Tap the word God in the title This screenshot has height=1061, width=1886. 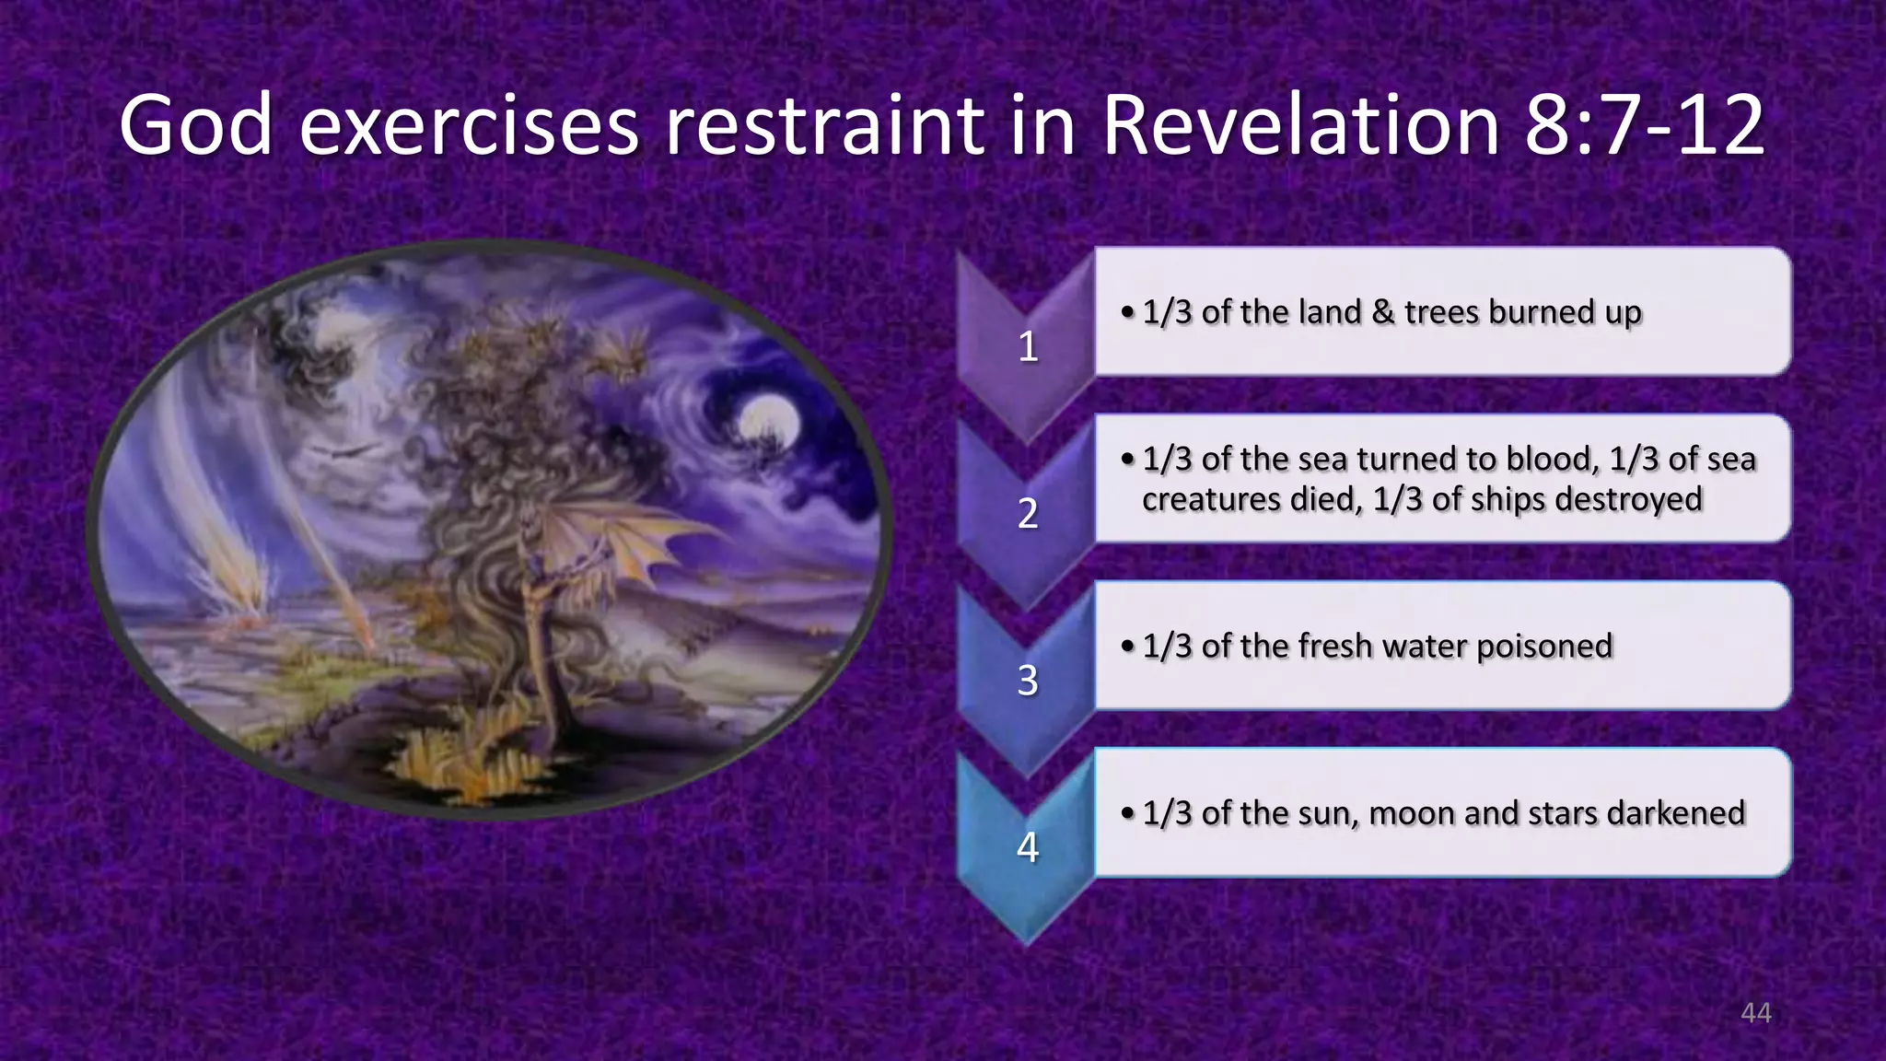pos(195,126)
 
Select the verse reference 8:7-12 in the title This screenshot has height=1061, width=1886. pos(1645,126)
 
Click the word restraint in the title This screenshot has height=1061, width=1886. pos(824,126)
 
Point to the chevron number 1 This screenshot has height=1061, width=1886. pos(1028,347)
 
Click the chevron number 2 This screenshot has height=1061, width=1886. pos(1028,514)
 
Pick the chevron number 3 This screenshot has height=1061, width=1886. pos(1028,681)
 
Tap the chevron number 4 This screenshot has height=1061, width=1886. pos(1028,847)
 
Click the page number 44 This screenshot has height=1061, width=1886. pos(1755,1013)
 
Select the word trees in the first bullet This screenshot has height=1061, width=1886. pos(1442,312)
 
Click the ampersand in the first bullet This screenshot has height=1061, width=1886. pos(1382,312)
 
